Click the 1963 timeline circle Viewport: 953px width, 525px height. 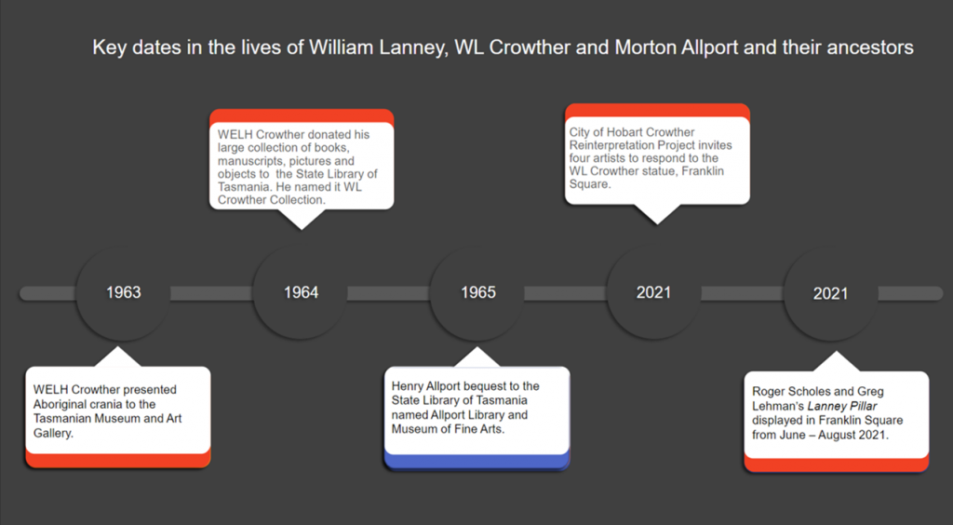tap(123, 292)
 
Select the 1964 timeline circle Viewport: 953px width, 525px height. tap(301, 292)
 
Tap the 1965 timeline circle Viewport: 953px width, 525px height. tap(478, 292)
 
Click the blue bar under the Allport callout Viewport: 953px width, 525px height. tap(476, 462)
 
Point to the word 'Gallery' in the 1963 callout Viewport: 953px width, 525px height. tap(52, 433)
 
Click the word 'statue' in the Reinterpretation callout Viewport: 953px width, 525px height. tap(669, 171)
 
